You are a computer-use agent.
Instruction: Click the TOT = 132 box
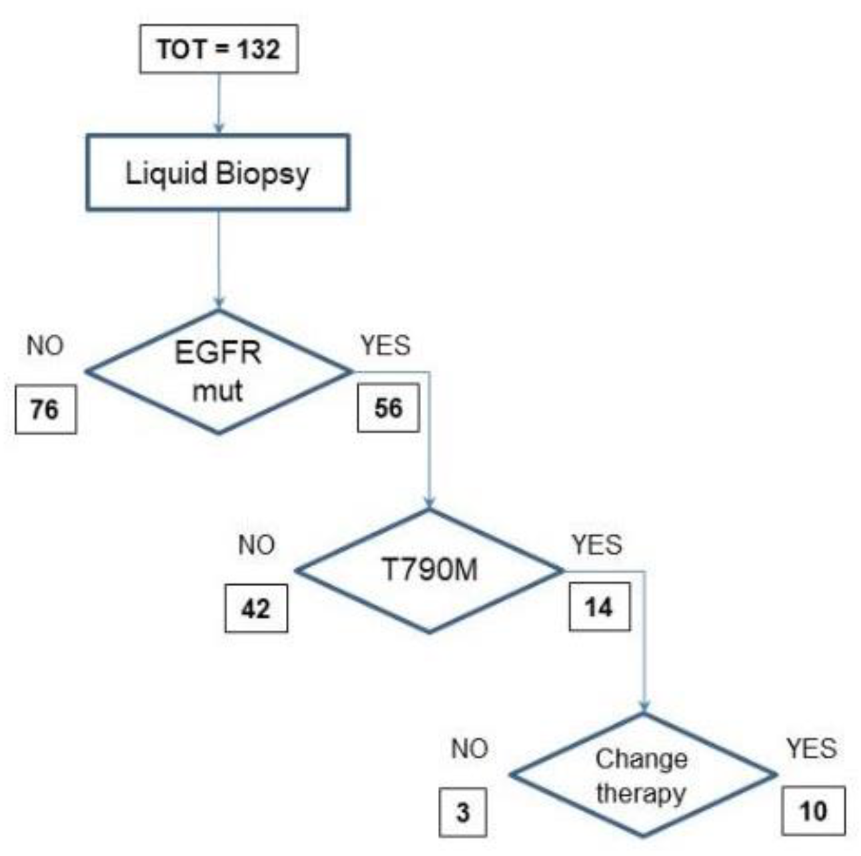tap(219, 50)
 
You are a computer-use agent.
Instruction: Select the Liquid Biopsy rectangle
tap(218, 173)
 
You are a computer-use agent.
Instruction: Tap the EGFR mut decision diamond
tap(218, 371)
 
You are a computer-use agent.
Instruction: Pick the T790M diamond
tap(429, 571)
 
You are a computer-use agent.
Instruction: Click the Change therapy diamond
tap(642, 775)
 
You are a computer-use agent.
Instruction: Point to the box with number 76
tap(45, 409)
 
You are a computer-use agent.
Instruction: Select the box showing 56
tap(389, 407)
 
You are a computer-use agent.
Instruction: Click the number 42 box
tap(257, 608)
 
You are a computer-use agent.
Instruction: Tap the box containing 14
tap(599, 607)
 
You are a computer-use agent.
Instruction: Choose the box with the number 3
tap(463, 813)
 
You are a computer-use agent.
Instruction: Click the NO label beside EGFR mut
tap(45, 346)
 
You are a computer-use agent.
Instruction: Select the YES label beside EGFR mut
tap(385, 346)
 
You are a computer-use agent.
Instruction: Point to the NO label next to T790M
tap(257, 545)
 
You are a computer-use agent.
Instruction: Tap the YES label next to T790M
tap(596, 545)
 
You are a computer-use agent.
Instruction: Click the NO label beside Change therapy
tap(469, 749)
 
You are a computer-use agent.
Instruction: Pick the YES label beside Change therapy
tap(811, 749)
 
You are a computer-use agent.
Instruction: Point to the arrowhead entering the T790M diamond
tap(430, 503)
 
